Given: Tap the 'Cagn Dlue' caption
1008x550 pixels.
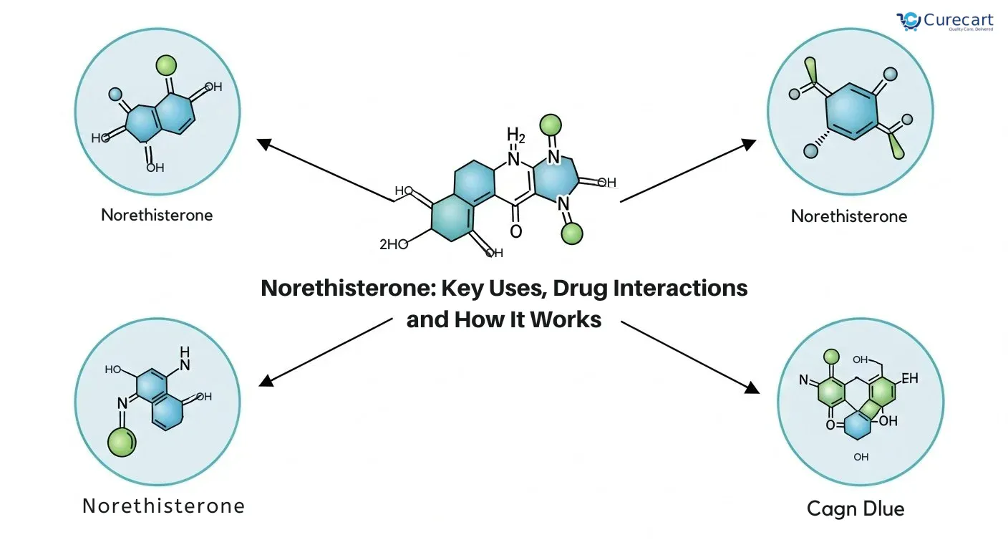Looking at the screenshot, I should click(856, 509).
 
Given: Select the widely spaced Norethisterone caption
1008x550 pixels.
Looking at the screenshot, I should click(163, 506).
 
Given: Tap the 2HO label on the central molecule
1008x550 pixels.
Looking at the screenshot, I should click(393, 244).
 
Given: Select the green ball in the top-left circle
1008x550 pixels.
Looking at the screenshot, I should click(166, 65).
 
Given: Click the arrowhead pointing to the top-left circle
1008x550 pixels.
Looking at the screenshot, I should click(264, 144).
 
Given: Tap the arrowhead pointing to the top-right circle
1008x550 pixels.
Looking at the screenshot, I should click(748, 144).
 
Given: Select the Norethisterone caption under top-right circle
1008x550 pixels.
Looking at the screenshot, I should click(849, 216).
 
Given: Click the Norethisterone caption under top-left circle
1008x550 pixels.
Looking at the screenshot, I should click(157, 215).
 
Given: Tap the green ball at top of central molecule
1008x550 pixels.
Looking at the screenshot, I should click(551, 125).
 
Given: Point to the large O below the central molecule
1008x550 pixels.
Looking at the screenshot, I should click(515, 232).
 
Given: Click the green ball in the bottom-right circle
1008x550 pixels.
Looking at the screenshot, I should click(831, 357).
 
